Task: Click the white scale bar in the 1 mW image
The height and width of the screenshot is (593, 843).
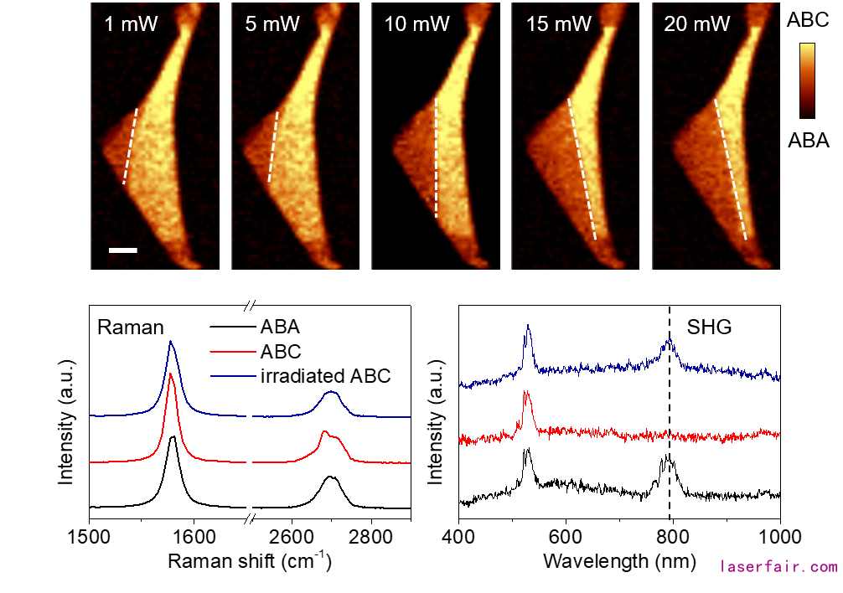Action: tap(122, 250)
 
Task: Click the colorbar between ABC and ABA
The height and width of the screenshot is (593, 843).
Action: tap(808, 80)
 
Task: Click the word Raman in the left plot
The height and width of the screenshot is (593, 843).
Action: tap(131, 327)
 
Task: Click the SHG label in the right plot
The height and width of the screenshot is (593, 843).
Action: tap(709, 327)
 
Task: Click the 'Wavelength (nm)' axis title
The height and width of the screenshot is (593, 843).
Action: tap(618, 561)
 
